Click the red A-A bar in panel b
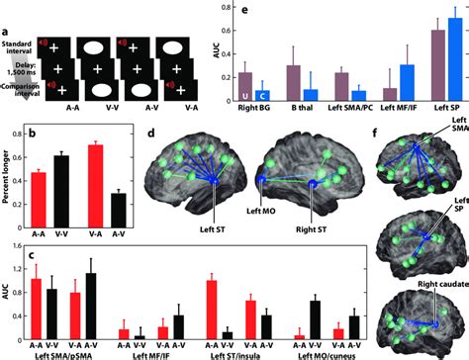click(40, 188)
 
